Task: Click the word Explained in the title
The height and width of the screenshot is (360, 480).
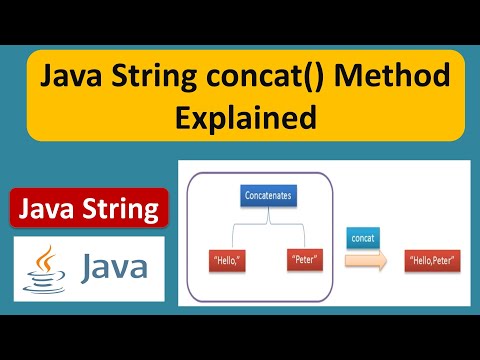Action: point(246,117)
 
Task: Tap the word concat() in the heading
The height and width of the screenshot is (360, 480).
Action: point(265,76)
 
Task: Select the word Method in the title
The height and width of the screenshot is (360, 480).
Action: point(392,75)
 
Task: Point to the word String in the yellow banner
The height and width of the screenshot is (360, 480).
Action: point(154,77)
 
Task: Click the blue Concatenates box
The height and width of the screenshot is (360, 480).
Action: point(268,195)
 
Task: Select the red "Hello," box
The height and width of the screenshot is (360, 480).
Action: point(227,260)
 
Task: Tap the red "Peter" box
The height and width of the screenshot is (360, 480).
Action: point(305,259)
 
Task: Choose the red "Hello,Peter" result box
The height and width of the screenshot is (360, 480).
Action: point(432,261)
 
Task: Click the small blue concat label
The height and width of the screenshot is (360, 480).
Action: point(363,238)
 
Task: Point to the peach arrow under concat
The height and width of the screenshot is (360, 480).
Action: point(366,260)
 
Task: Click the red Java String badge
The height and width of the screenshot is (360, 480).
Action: point(89,208)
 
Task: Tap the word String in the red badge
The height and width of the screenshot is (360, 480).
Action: point(121,210)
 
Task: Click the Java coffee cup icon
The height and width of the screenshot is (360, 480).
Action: point(44,270)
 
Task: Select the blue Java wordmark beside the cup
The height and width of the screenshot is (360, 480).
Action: point(114,268)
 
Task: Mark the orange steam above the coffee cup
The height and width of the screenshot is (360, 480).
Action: point(46,258)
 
